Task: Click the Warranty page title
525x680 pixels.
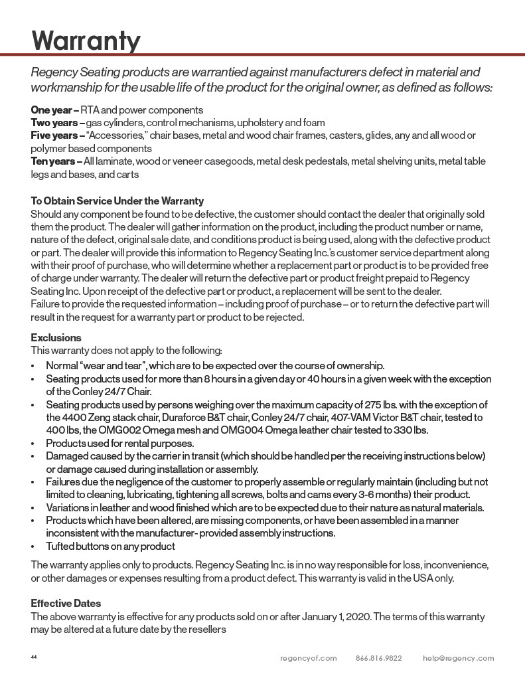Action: coord(86,41)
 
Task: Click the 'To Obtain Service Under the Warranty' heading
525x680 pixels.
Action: coord(117,201)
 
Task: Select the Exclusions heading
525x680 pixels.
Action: coord(56,338)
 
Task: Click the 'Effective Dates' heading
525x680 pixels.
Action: coord(66,604)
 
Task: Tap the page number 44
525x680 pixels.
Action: coord(34,657)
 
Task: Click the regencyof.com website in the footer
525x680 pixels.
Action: coord(308,658)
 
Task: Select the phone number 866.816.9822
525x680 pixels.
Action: coord(378,658)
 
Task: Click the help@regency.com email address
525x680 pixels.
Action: coord(458,658)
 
